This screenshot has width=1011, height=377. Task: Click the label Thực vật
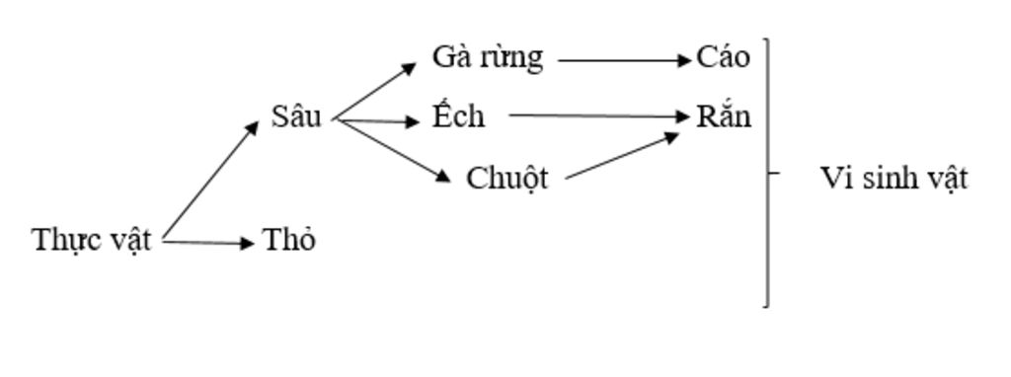click(x=92, y=240)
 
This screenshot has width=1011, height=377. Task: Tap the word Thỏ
click(x=289, y=240)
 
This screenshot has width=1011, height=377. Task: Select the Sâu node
click(x=297, y=116)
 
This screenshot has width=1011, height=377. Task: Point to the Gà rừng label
click(x=488, y=57)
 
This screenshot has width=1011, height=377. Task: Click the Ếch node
click(x=459, y=116)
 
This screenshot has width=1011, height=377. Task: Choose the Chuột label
click(x=507, y=179)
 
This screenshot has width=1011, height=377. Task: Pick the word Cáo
click(x=723, y=57)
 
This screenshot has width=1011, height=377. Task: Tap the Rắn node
click(x=724, y=117)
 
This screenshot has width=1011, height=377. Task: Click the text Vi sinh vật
click(x=894, y=179)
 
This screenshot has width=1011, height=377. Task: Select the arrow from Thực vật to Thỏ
click(x=207, y=242)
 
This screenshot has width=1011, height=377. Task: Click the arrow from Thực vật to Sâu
click(x=209, y=182)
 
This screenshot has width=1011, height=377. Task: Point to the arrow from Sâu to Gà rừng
click(x=375, y=92)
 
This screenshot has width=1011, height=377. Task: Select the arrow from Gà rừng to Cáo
click(x=624, y=60)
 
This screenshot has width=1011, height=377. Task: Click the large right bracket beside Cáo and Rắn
click(x=767, y=173)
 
